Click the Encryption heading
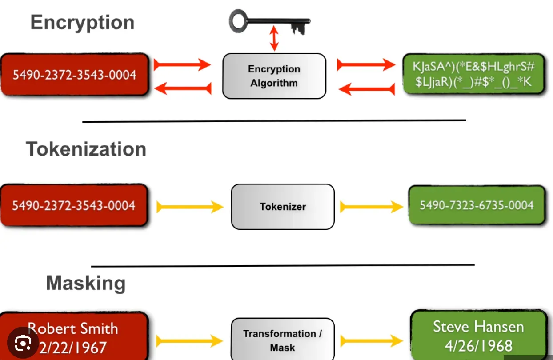[x=82, y=22]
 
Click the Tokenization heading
[x=86, y=149]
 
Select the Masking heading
[x=86, y=283]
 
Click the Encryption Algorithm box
[x=274, y=76]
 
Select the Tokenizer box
[x=282, y=207]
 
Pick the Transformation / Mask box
[x=282, y=340]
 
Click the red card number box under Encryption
[x=74, y=75]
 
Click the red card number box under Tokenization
[x=74, y=205]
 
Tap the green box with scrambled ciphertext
[x=473, y=74]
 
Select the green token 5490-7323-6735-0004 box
[x=477, y=205]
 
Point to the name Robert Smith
[x=73, y=328]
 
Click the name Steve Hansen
[x=478, y=327]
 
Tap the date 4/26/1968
[x=478, y=345]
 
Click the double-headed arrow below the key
[x=275, y=39]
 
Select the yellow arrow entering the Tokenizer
[x=190, y=207]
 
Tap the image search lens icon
[x=23, y=342]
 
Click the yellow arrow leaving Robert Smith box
[x=189, y=341]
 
